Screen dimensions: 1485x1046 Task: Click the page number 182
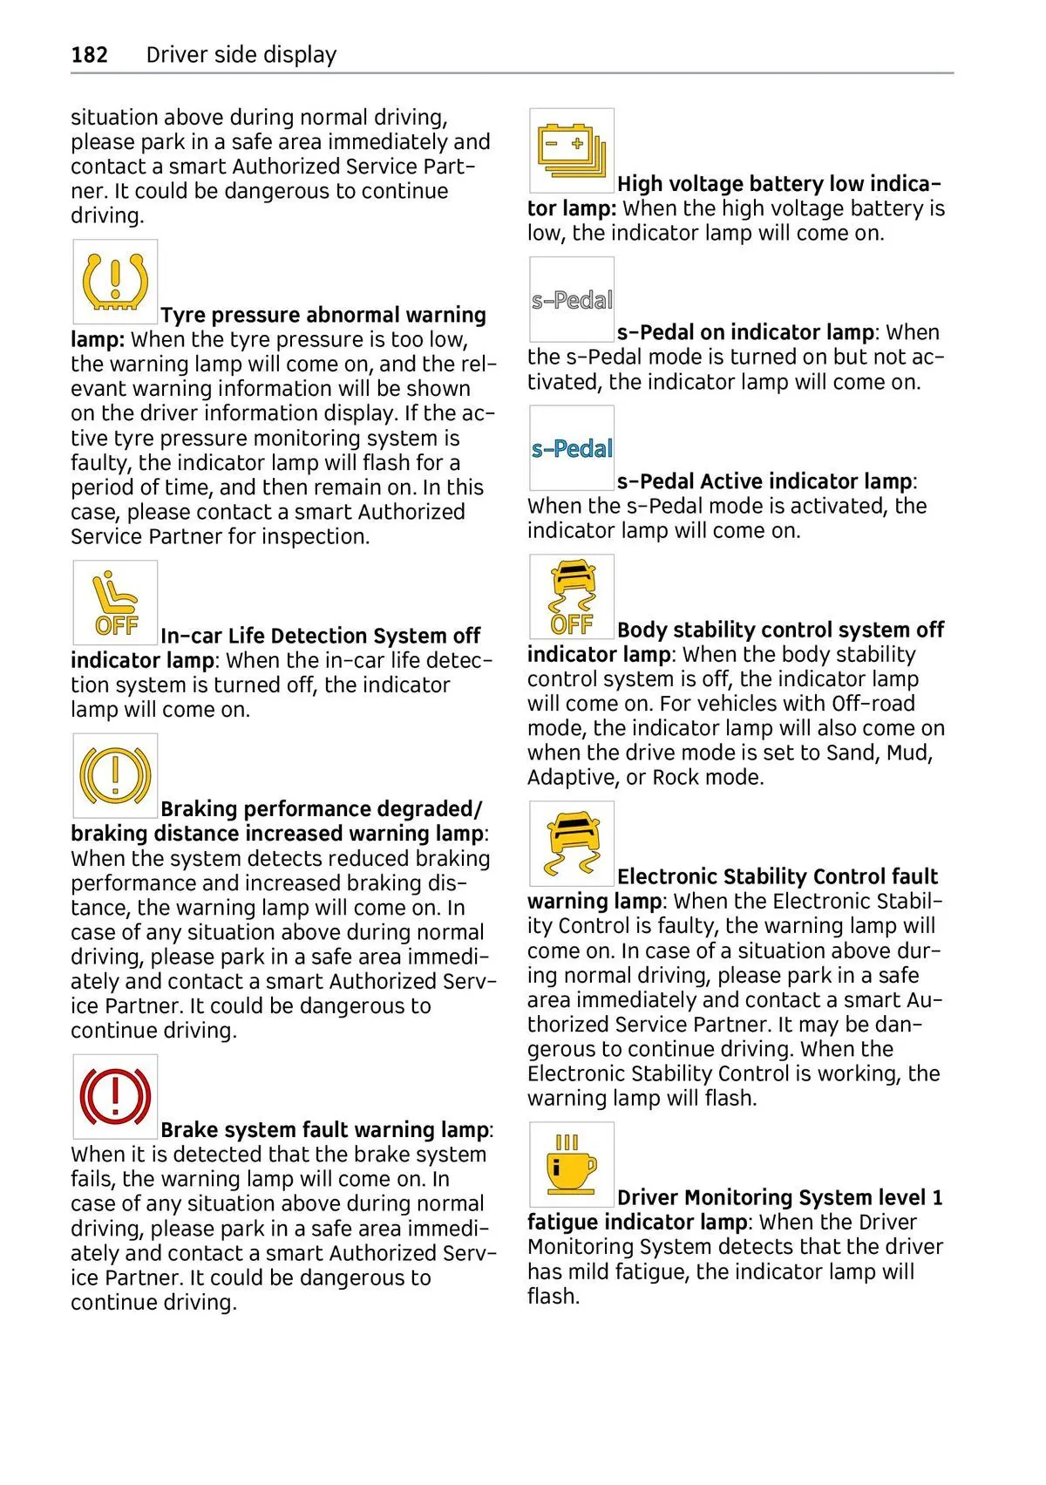[x=89, y=55]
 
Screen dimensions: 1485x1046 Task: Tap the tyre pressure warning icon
[x=115, y=283]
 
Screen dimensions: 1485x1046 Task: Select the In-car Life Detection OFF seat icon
[x=115, y=603]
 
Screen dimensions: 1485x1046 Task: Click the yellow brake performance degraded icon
[x=115, y=775]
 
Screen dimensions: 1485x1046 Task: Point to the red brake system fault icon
[x=115, y=1096]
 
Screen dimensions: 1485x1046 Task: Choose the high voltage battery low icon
[x=572, y=151]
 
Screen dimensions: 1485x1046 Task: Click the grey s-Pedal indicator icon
[x=572, y=300]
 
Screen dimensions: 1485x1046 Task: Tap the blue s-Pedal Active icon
[x=572, y=448]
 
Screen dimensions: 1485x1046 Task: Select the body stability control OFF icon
[x=572, y=597]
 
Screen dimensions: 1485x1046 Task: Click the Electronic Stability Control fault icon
[x=572, y=844]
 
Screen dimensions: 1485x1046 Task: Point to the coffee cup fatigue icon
[x=572, y=1165]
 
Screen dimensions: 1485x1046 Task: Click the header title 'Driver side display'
[x=241, y=55]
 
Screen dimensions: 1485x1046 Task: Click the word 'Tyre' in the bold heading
[x=182, y=315]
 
